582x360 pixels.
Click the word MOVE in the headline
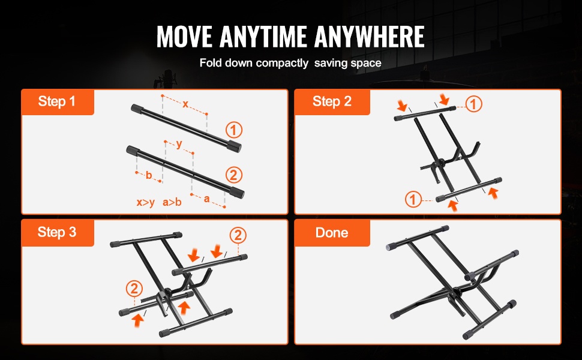pyautogui.click(x=184, y=37)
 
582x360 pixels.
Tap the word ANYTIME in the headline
pyautogui.click(x=263, y=37)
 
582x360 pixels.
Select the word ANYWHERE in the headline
pyautogui.click(x=370, y=37)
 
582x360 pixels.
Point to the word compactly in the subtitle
pyautogui.click(x=282, y=63)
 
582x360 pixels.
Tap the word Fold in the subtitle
pyautogui.click(x=211, y=62)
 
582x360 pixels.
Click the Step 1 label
pyautogui.click(x=57, y=101)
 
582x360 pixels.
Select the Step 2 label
pyautogui.click(x=332, y=101)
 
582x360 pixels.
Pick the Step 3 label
pyautogui.click(x=57, y=232)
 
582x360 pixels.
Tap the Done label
pyautogui.click(x=332, y=233)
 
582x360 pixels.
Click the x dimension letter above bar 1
pyautogui.click(x=185, y=104)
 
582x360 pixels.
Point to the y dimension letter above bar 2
pyautogui.click(x=179, y=144)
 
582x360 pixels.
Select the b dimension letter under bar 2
pyautogui.click(x=149, y=175)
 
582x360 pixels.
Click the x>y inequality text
pyautogui.click(x=145, y=202)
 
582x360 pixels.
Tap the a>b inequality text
pyautogui.click(x=172, y=202)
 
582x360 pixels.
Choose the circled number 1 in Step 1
pyautogui.click(x=234, y=130)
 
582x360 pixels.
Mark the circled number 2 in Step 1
pyautogui.click(x=234, y=175)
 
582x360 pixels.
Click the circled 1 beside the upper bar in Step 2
pyautogui.click(x=473, y=104)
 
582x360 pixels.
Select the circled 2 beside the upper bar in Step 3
pyautogui.click(x=238, y=235)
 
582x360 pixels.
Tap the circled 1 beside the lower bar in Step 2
pyautogui.click(x=413, y=199)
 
